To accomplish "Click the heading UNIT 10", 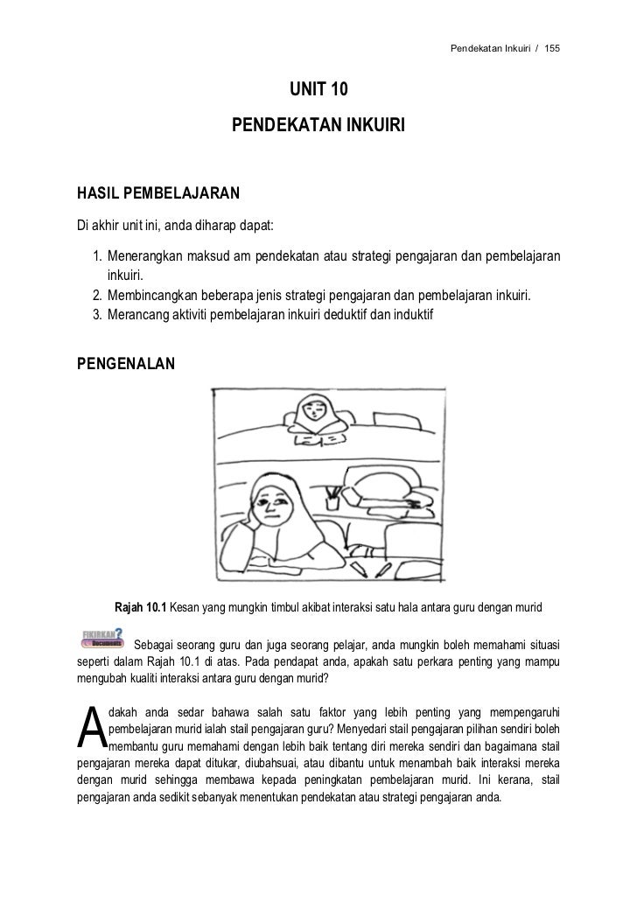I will (318, 90).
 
